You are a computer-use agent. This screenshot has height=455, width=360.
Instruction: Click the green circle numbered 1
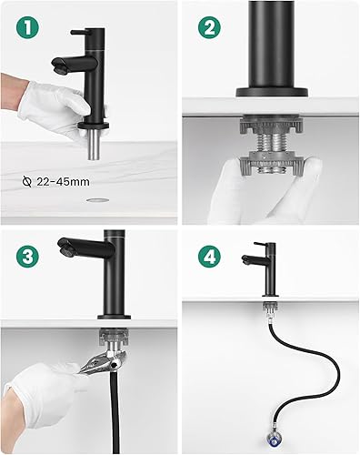click(27, 27)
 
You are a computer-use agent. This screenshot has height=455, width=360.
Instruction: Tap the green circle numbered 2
click(209, 27)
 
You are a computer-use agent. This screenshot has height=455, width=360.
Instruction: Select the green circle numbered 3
click(27, 257)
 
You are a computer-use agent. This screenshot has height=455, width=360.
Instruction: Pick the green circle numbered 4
click(209, 257)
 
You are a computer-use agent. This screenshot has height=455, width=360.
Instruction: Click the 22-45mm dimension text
click(63, 182)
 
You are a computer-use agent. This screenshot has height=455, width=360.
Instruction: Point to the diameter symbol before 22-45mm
click(27, 182)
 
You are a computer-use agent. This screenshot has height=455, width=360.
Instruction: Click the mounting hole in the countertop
click(97, 200)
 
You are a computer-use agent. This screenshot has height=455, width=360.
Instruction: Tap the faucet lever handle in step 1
click(79, 32)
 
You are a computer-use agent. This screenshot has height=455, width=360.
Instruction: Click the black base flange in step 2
click(272, 92)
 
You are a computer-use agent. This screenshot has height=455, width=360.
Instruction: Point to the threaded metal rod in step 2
click(271, 142)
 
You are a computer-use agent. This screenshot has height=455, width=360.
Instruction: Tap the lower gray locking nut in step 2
click(271, 165)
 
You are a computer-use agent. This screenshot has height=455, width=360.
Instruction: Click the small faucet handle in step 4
click(260, 244)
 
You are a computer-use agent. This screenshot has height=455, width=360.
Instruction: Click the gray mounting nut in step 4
click(269, 307)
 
